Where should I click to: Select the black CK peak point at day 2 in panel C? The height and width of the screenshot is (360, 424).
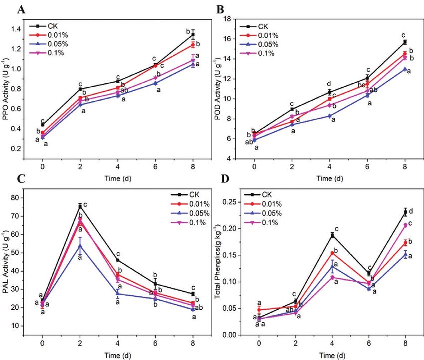tap(80, 206)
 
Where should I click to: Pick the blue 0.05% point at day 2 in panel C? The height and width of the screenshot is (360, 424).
tap(80, 245)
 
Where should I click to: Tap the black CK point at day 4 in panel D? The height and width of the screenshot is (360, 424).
tap(331, 235)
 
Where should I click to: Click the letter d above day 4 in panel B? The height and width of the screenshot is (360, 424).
tap(329, 84)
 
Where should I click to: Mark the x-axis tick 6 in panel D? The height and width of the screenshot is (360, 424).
tap(368, 344)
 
